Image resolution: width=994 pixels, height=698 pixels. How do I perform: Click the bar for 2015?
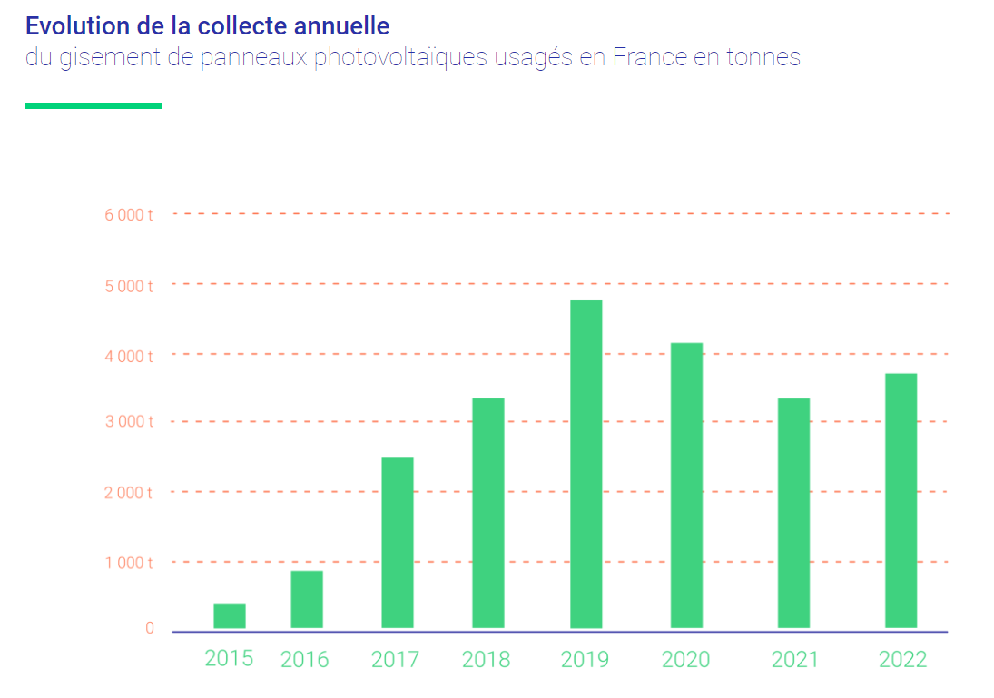coord(230,615)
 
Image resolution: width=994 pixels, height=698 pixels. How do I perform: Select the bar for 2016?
coord(307,599)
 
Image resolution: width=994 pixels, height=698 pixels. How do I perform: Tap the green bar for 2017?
coord(398,543)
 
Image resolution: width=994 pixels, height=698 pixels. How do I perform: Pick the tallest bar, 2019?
coord(586,464)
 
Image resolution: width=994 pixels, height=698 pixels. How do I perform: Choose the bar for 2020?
coord(687,486)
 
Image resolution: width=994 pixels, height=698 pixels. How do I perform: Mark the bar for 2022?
coord(901,500)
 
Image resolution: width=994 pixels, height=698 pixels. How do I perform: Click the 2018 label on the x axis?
coord(486,660)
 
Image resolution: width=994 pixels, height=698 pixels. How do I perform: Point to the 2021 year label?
coord(795,660)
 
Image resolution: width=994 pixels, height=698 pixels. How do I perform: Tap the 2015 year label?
coord(229,658)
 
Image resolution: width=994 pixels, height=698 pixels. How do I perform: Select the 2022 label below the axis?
coord(902,660)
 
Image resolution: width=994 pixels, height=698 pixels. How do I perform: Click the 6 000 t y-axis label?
coord(129,215)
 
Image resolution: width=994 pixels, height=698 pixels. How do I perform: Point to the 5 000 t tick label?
coord(129,286)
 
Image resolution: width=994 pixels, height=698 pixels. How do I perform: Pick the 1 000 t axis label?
coord(129,563)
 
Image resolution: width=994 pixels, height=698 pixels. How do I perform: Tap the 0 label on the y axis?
coord(150,628)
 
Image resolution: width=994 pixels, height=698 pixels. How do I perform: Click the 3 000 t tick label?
coord(129,422)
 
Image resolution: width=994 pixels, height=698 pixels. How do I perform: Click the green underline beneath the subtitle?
coord(93,106)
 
